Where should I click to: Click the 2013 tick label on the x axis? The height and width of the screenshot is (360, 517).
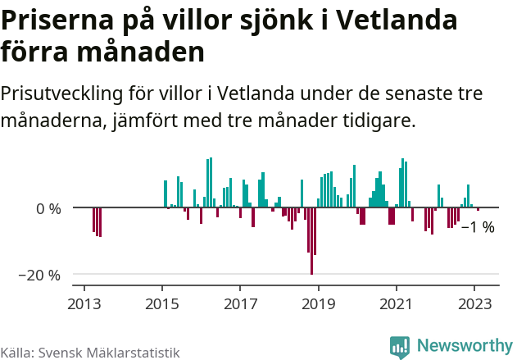pyautogui.click(x=84, y=303)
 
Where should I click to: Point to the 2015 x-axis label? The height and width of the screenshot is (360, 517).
pyautogui.click(x=161, y=303)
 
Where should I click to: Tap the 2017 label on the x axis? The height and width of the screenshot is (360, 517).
pyautogui.click(x=240, y=303)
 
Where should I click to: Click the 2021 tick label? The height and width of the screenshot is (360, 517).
pyautogui.click(x=397, y=303)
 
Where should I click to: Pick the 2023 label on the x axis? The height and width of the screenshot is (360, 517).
pyautogui.click(x=474, y=303)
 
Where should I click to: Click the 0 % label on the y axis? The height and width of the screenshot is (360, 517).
pyautogui.click(x=48, y=208)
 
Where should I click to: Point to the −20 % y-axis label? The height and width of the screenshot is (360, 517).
pyautogui.click(x=40, y=275)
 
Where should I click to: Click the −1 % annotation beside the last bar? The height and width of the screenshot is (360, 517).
pyautogui.click(x=478, y=227)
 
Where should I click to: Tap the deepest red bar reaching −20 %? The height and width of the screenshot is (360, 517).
pyautogui.click(x=312, y=246)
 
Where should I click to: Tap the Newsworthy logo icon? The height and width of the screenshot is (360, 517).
pyautogui.click(x=400, y=346)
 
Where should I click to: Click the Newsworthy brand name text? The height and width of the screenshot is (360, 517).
pyautogui.click(x=464, y=346)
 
